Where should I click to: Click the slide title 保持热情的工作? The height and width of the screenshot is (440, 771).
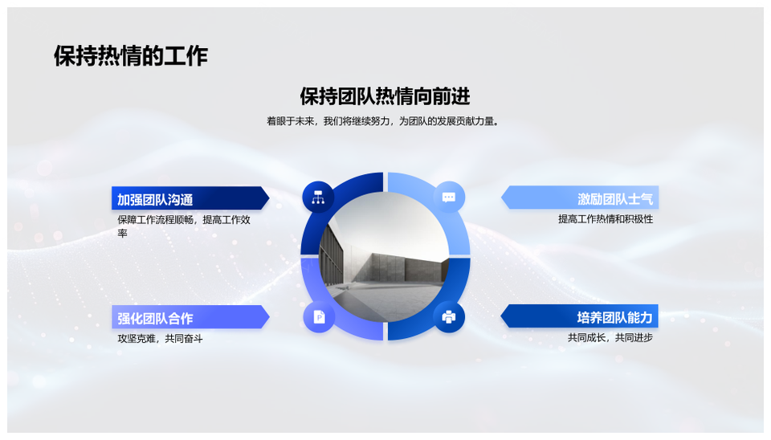pos(131,55)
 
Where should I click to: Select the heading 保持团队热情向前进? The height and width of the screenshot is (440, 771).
pos(385,96)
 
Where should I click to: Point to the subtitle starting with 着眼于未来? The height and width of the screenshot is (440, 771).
pos(383,121)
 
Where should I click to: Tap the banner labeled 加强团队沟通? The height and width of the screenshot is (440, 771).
pos(190,198)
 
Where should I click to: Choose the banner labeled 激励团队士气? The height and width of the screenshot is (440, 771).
pos(580,198)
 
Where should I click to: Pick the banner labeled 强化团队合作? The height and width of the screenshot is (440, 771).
pos(190,317)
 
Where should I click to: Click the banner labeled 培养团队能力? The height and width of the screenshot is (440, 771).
pos(580,316)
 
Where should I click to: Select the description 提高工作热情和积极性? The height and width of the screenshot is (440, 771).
pos(606,218)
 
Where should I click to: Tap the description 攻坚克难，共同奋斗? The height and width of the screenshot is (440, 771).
pos(160,338)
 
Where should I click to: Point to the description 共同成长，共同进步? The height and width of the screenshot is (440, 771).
pos(610,337)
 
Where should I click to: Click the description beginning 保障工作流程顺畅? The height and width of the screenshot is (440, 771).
pos(184,226)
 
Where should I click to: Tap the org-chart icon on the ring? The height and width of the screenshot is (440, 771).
pos(318,198)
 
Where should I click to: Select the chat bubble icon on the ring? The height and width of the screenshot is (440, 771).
pos(449,198)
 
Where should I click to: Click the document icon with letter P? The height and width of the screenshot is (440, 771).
pos(319,317)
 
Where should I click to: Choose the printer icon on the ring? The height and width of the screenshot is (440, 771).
pos(449,316)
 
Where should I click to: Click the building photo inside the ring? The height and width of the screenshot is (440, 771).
pos(384,257)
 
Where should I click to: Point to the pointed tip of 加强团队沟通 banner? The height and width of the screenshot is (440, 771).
pos(269,198)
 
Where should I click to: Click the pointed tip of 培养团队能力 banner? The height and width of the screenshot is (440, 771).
pos(501,316)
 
